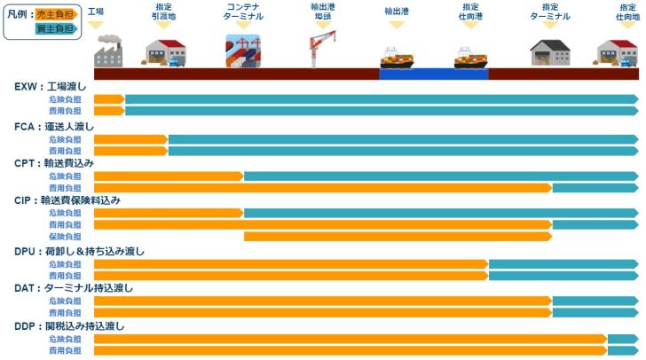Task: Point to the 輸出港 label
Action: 397,12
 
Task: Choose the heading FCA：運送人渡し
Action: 56,127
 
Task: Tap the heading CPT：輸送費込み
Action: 54,164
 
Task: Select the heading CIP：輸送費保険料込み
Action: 67,200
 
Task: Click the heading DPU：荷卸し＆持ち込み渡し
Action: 79,252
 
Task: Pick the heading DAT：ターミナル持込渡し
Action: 74,289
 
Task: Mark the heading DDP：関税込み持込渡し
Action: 69,326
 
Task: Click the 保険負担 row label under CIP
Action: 65,237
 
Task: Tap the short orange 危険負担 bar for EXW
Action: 108,98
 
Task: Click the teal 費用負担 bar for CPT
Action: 595,188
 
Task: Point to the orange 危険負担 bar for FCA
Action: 130,139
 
